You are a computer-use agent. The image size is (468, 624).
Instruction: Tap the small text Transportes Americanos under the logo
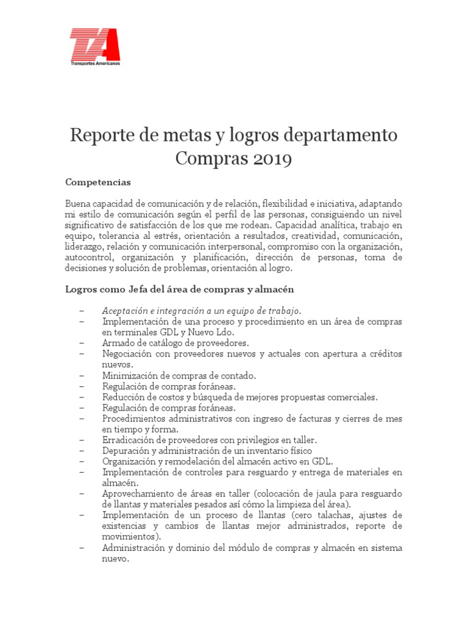click(x=94, y=63)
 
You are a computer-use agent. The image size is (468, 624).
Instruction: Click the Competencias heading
click(x=97, y=182)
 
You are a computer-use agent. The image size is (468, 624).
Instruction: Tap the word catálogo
click(x=158, y=342)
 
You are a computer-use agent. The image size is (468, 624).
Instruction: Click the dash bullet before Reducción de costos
click(x=82, y=397)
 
